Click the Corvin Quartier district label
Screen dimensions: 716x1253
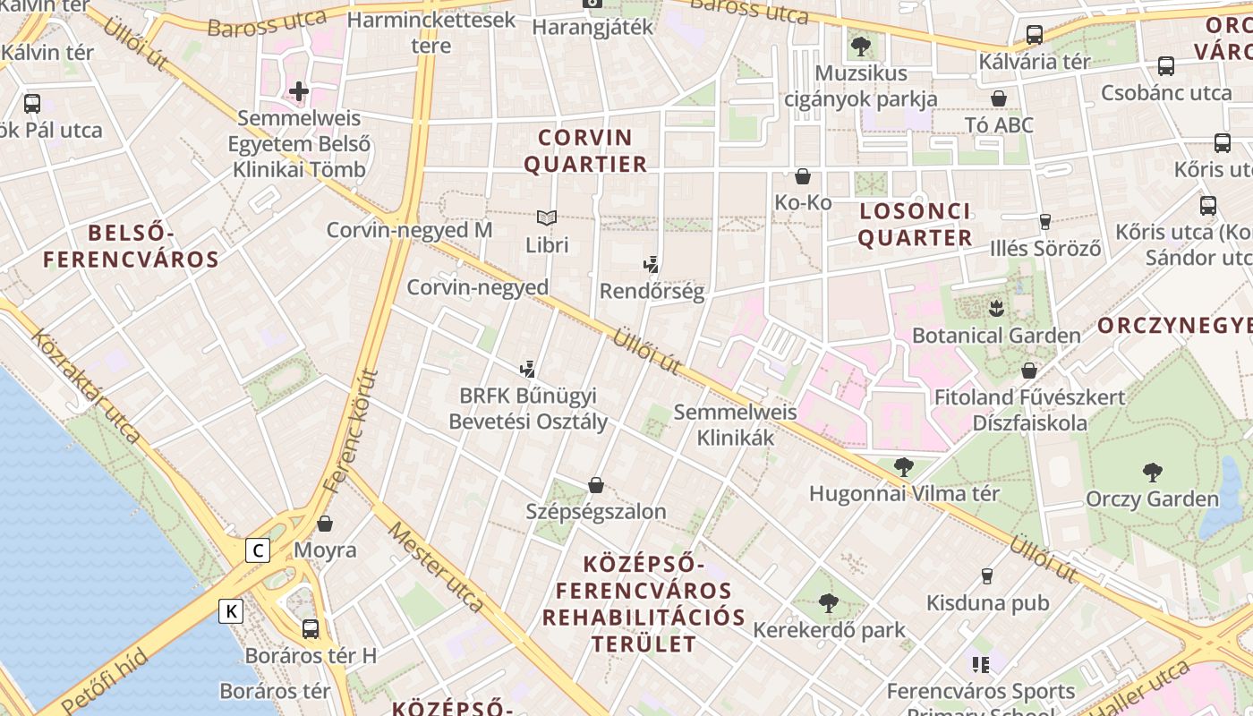click(x=585, y=151)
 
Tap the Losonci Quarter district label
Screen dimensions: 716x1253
click(x=915, y=225)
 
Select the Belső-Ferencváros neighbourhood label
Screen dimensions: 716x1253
click(x=131, y=247)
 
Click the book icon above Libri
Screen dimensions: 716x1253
click(x=547, y=217)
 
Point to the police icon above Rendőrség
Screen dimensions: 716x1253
click(x=652, y=264)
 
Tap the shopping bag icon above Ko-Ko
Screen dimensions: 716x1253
click(x=803, y=176)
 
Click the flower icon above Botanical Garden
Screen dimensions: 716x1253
click(x=996, y=310)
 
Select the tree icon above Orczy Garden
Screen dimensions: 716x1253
click(x=1152, y=472)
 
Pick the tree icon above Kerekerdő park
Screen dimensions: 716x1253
click(x=829, y=602)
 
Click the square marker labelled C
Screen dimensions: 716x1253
click(x=258, y=550)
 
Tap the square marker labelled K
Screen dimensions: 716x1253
click(x=231, y=611)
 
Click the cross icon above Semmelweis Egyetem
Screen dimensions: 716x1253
click(x=299, y=91)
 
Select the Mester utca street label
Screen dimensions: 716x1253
click(x=435, y=566)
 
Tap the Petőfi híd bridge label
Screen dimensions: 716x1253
click(x=106, y=682)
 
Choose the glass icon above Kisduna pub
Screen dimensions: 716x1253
click(x=987, y=575)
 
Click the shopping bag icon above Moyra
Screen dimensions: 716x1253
click(x=325, y=524)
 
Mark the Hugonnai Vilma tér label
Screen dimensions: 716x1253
click(x=904, y=493)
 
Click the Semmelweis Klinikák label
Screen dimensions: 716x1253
click(x=735, y=425)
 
